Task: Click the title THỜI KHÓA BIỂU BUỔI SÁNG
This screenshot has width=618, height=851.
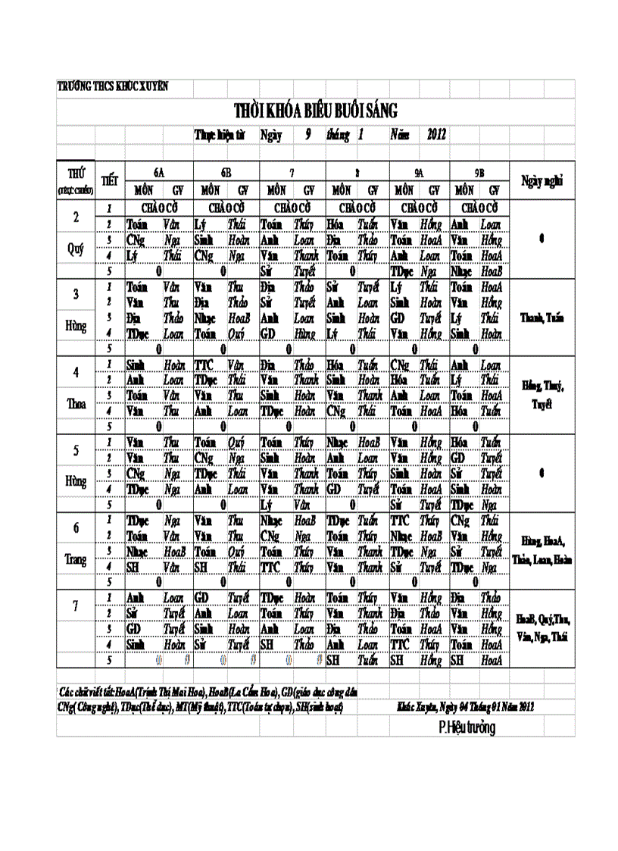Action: click(x=315, y=111)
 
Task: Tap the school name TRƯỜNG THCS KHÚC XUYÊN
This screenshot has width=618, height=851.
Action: click(x=113, y=86)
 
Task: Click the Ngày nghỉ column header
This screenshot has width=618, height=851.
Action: click(x=542, y=180)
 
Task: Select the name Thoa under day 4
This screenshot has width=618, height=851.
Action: click(x=76, y=404)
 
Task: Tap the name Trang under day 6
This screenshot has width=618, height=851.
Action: click(x=76, y=560)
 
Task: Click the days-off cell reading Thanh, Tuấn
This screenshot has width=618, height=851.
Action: click(x=542, y=318)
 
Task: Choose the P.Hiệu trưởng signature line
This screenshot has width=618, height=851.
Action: click(x=467, y=728)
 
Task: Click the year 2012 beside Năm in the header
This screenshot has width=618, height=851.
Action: click(x=436, y=135)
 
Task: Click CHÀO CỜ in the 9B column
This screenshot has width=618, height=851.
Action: click(x=479, y=208)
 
